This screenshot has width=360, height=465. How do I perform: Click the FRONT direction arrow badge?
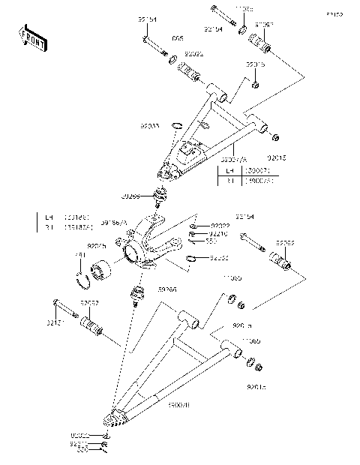tap(31, 37)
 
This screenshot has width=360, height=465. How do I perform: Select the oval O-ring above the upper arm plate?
tap(177, 125)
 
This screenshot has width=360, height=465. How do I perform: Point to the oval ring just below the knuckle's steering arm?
tap(193, 259)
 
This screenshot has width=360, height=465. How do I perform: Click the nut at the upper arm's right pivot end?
tap(275, 137)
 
